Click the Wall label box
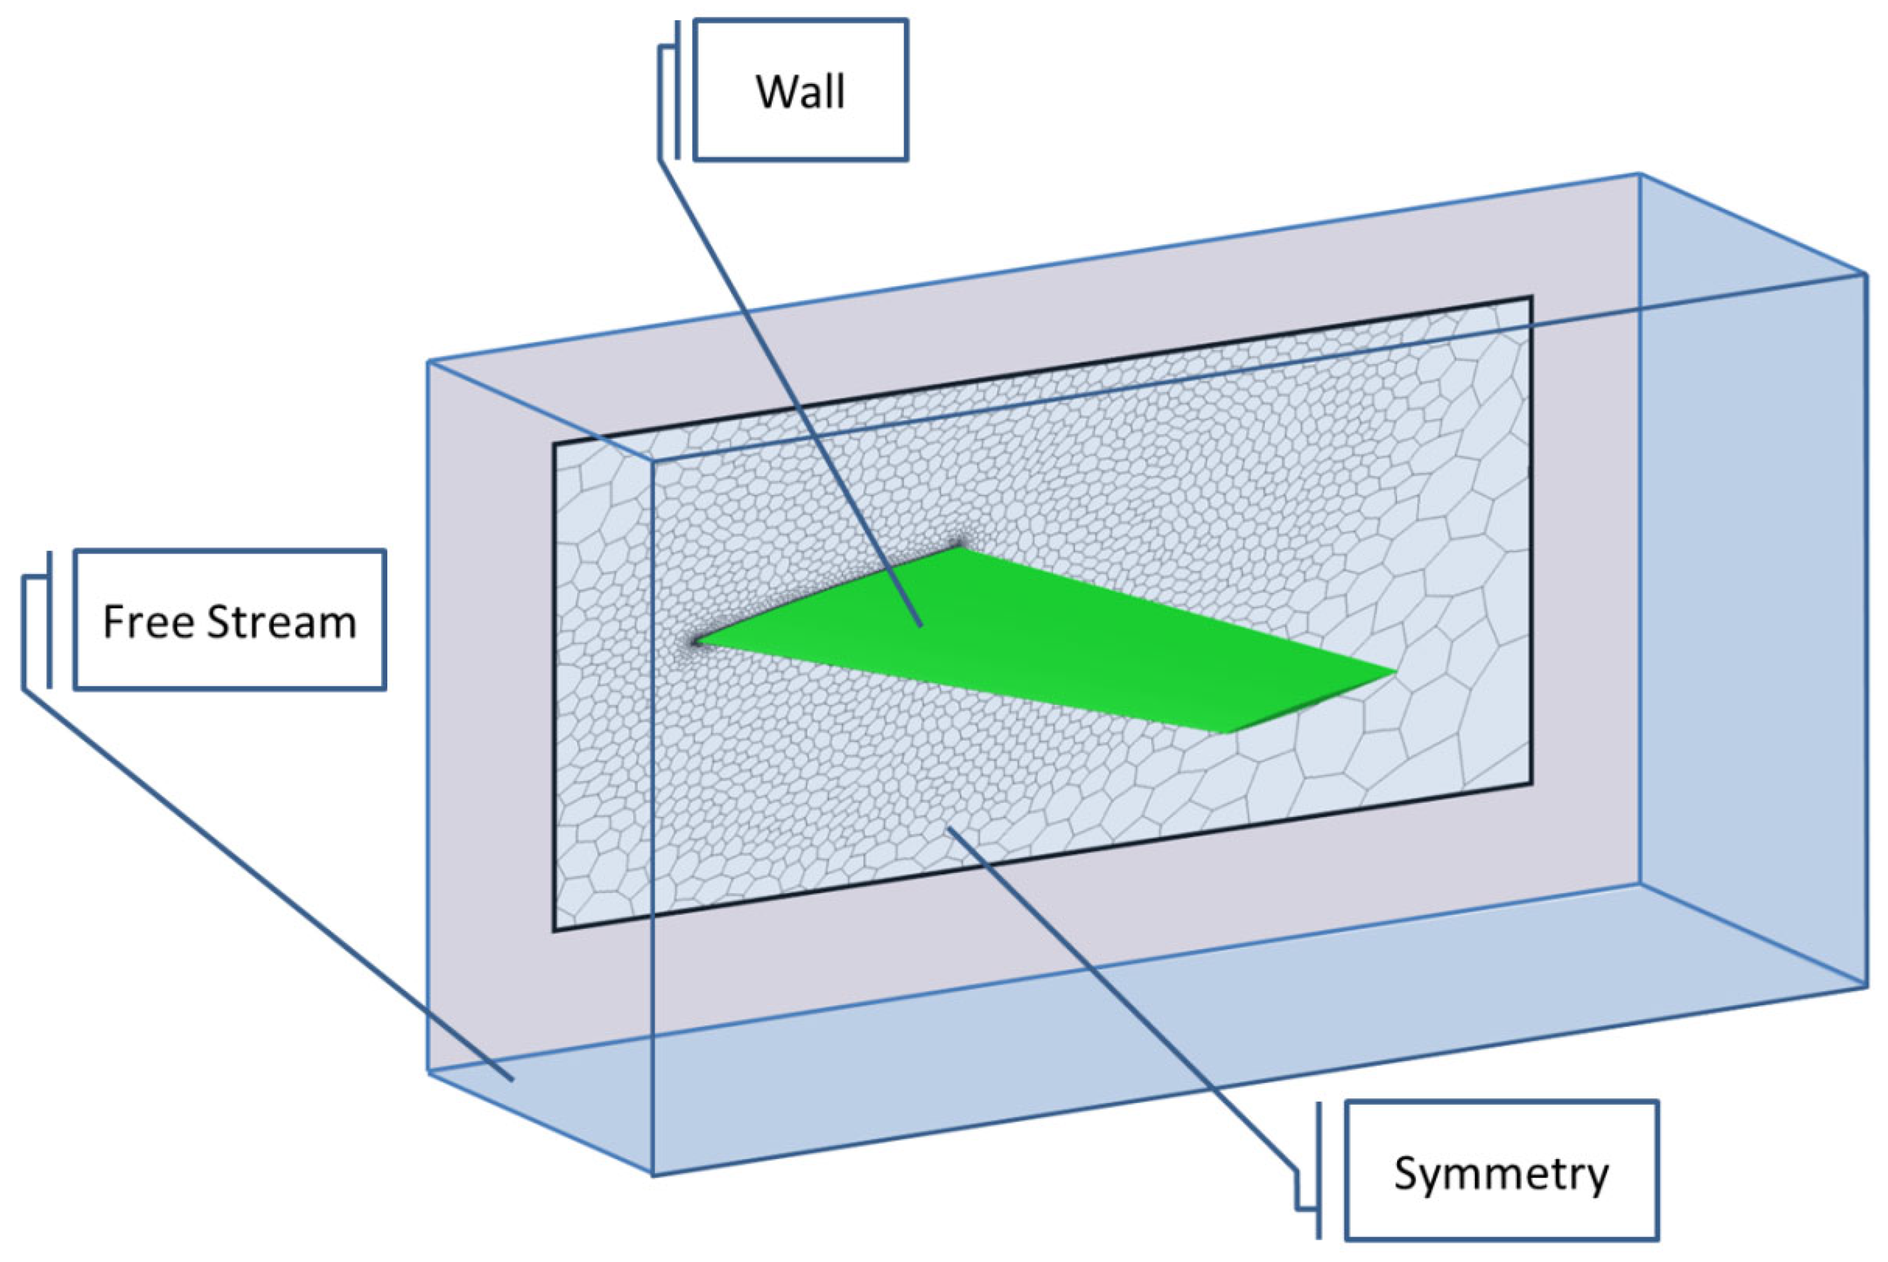800,91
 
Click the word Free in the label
148,622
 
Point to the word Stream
281,622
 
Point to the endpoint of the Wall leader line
921,625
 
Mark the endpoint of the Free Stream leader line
512,1080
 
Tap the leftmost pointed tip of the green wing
695,643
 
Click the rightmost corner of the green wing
1395,670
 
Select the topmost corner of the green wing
958,548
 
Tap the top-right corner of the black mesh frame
1531,297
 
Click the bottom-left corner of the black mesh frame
554,931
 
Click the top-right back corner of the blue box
1639,174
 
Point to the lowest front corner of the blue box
652,1175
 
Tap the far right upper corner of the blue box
1866,274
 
